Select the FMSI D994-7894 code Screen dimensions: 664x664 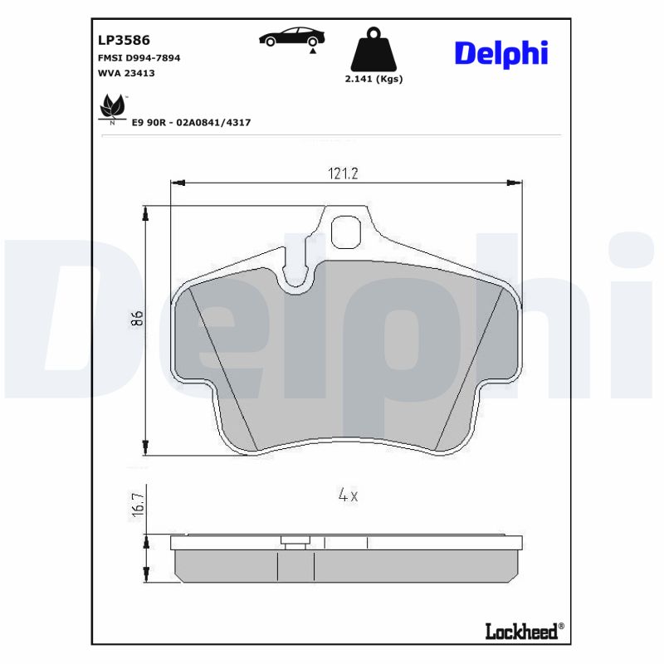click(139, 58)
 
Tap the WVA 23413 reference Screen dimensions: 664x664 click(126, 73)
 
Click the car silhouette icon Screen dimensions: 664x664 click(291, 37)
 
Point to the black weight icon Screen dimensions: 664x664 click(373, 51)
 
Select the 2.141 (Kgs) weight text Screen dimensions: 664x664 click(373, 79)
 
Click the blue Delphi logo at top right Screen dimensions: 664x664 click(500, 52)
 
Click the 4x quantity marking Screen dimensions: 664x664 click(348, 496)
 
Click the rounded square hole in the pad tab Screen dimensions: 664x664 click(346, 232)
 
